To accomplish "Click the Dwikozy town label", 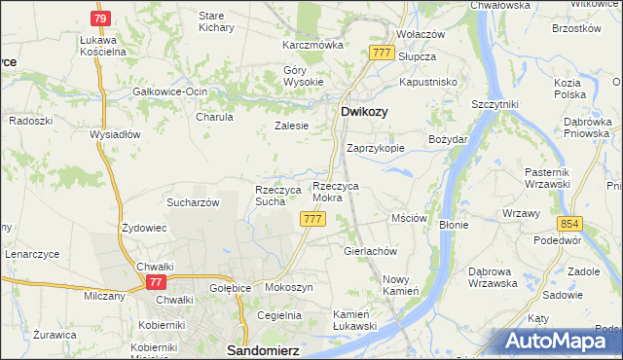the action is tap(364, 112).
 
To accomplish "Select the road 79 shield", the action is tap(100, 19).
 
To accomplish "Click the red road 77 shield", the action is tap(155, 281).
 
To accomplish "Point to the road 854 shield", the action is tap(570, 223).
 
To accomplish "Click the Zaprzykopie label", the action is tap(376, 149).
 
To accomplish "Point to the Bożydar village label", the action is tap(449, 139).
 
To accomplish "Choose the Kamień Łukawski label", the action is tap(354, 320).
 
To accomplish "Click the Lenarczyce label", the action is tap(32, 254).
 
